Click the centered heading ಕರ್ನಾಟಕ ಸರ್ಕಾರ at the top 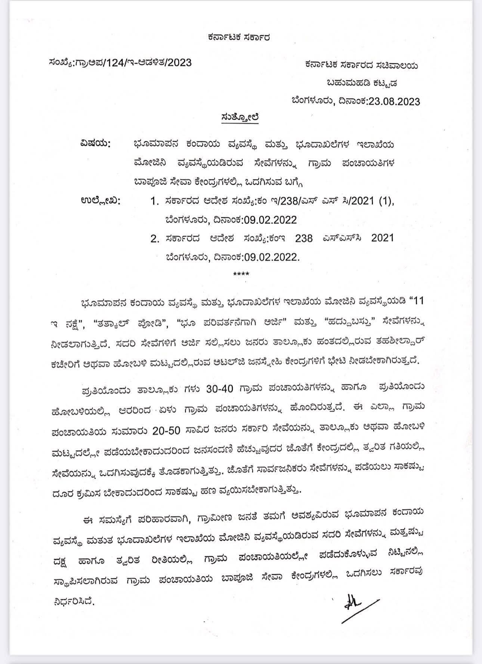click(x=239, y=37)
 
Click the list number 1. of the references click(x=155, y=202)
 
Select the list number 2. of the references click(x=155, y=239)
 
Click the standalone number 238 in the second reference click(x=303, y=238)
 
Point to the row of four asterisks click(x=241, y=274)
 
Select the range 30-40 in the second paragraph click(x=220, y=389)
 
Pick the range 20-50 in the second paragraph click(x=166, y=430)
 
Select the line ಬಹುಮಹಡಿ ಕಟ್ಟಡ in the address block click(x=362, y=83)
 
